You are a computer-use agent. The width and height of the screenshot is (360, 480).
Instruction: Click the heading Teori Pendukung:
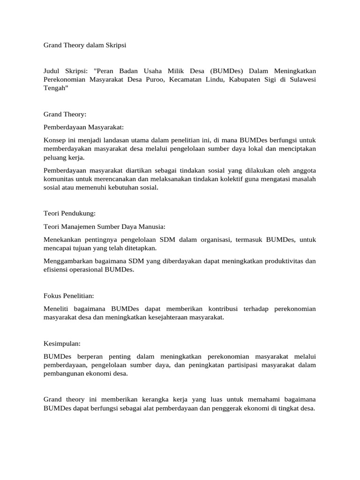click(69, 213)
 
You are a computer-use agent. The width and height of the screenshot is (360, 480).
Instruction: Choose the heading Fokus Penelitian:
click(69, 296)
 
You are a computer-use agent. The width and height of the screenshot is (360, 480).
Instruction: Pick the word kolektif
click(236, 179)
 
